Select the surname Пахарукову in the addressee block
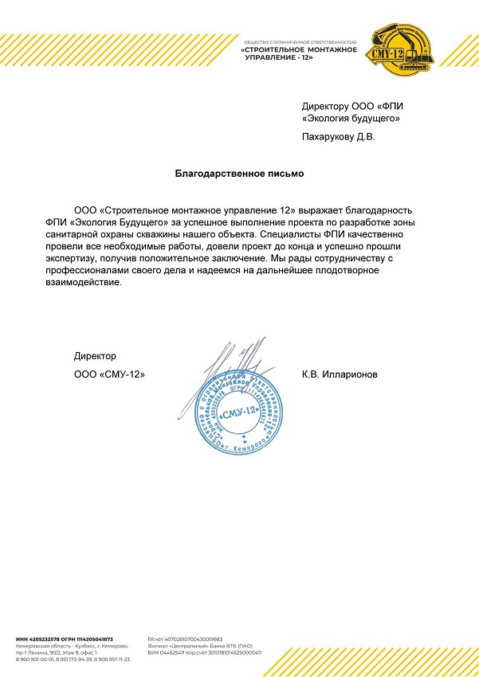tap(326, 137)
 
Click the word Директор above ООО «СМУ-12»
tap(95, 355)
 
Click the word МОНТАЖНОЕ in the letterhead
tap(331, 50)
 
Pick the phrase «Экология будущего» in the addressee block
tap(351, 119)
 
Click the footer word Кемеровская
tap(33, 646)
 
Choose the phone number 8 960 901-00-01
tap(36, 659)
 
